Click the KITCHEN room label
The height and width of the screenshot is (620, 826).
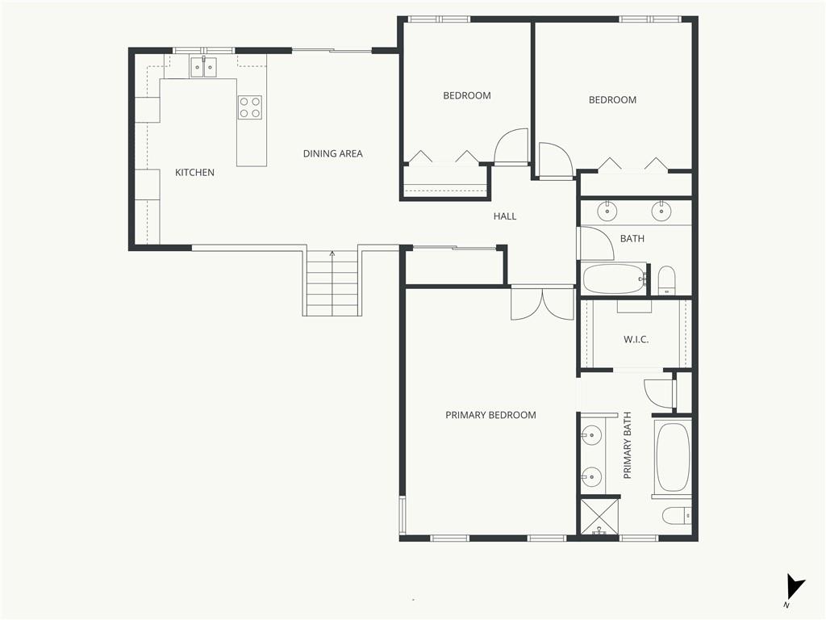194,173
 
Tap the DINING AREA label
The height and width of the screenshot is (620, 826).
332,153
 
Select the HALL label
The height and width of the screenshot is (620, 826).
505,216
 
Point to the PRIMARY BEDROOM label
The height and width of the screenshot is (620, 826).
490,415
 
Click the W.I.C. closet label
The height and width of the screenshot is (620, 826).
636,340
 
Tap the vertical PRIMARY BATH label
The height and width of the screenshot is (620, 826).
627,446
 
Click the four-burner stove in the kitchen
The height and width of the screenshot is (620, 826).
250,107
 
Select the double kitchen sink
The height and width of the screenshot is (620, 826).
203,67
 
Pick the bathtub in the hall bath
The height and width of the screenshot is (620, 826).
614,279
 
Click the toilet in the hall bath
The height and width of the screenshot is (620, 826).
667,280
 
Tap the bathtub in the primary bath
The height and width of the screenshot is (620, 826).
672,457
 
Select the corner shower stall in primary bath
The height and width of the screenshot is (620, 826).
599,517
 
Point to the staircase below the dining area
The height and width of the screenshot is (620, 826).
332,282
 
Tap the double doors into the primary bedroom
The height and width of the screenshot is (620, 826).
543,304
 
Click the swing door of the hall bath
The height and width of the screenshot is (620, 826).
596,243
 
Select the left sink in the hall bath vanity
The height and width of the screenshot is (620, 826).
607,212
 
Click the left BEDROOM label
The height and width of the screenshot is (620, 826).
467,95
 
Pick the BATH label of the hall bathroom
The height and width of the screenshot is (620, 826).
632,239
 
